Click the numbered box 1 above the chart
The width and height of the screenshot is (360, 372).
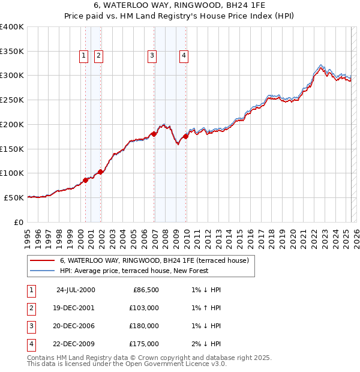(83, 56)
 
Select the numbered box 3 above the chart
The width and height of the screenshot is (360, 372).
(152, 56)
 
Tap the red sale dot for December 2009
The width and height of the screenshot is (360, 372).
(186, 136)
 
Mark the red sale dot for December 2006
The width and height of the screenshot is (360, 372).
(154, 134)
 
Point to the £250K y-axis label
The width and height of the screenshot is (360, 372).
(11, 100)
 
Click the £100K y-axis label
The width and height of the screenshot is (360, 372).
(11, 173)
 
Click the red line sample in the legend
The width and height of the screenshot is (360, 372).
(42, 260)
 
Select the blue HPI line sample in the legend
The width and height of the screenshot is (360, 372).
(42, 271)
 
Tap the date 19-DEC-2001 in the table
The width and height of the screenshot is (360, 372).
(75, 307)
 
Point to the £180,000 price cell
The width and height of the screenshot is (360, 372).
(144, 326)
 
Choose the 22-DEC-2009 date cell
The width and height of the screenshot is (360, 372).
(75, 344)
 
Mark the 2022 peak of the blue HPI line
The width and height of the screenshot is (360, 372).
(322, 64)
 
